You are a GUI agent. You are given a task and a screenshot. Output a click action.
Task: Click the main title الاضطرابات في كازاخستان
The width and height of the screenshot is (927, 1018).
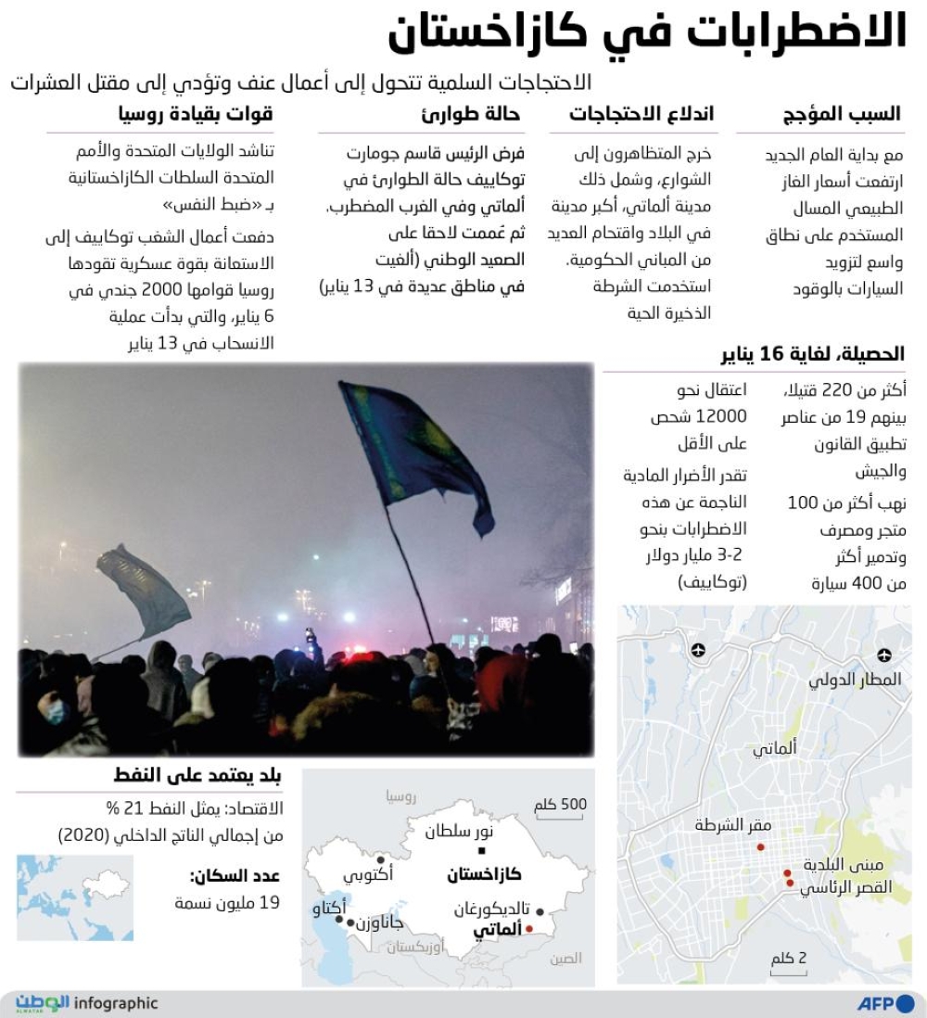647,32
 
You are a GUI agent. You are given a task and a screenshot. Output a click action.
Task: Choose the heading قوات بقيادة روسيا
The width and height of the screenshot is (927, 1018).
197,114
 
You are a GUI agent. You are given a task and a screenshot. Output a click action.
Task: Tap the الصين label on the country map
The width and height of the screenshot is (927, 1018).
565,959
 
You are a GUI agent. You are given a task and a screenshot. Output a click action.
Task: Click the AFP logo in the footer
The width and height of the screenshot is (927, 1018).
884,1003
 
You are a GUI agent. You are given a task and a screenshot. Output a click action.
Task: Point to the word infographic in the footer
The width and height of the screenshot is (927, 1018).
116,1003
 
